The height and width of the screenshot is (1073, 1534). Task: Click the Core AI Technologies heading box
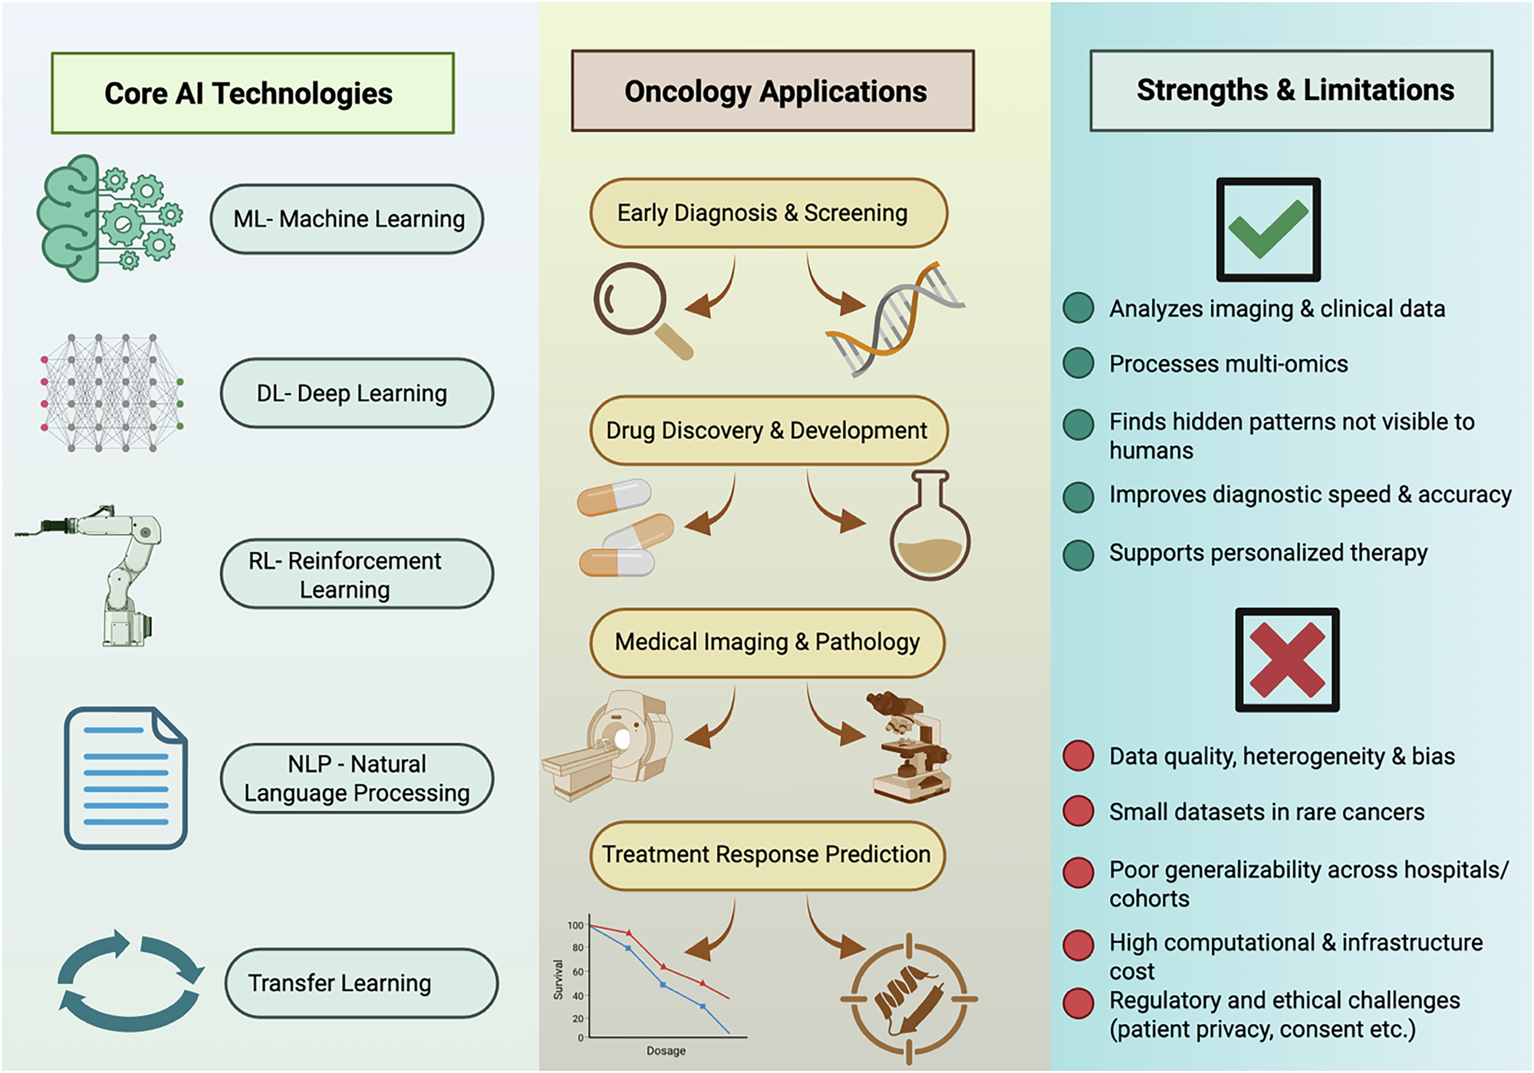point(252,93)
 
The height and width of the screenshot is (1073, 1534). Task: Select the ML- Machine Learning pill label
point(347,219)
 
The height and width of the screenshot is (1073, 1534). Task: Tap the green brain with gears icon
point(107,218)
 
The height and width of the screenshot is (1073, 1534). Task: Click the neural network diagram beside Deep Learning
point(112,392)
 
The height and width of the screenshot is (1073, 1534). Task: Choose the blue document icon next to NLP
point(126,778)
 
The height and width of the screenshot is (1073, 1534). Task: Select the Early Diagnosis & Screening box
point(768,213)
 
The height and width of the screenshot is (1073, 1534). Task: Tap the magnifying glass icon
point(640,307)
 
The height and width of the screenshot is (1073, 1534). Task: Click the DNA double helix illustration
point(894,319)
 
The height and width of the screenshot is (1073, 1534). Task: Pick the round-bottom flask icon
point(930,530)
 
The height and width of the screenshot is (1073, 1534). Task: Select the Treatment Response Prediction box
point(767,855)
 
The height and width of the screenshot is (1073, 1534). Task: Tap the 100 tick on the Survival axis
point(574,925)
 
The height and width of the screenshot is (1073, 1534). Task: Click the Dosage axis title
point(666,1050)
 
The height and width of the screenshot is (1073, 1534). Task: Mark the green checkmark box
point(1268,229)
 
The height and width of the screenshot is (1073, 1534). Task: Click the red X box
point(1287,659)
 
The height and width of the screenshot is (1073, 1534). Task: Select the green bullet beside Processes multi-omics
point(1078,363)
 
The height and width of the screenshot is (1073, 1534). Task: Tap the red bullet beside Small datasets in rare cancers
point(1078,811)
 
